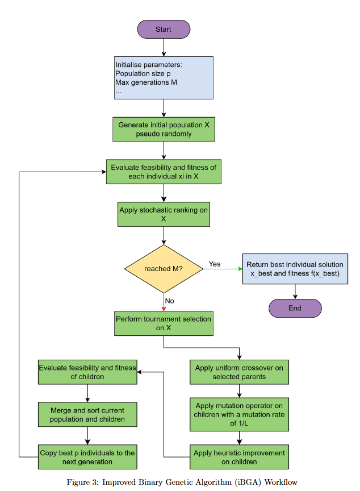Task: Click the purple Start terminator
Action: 164,29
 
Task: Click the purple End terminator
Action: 295,308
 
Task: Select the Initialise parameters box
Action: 164,77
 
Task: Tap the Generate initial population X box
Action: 164,130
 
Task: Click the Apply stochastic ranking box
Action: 164,214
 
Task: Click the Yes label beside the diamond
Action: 215,264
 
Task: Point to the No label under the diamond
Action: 169,301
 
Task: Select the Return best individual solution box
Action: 295,269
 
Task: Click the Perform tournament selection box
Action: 164,323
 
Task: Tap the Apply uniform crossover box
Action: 239,372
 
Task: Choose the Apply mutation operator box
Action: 239,414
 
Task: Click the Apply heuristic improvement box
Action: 239,457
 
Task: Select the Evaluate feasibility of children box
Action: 87,372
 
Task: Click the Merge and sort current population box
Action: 87,414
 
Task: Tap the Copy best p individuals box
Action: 87,457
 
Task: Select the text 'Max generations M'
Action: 146,82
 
